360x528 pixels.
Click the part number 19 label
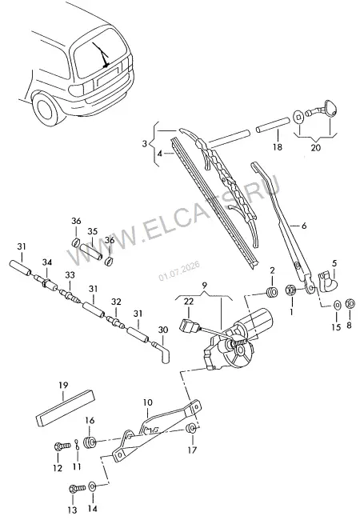point(63,385)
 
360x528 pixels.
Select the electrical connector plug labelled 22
point(186,326)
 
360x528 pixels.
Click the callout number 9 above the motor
point(205,286)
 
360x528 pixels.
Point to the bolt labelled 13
point(78,488)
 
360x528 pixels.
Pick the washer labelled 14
point(92,486)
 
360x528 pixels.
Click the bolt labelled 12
point(62,446)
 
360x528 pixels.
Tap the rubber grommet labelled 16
point(90,442)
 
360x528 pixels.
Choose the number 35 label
point(92,232)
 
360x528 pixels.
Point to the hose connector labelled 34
point(47,283)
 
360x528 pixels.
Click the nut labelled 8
point(350,303)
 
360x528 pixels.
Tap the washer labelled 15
point(337,305)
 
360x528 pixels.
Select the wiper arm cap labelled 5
point(328,281)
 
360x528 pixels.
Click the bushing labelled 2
point(272,292)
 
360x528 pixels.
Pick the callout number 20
point(315,147)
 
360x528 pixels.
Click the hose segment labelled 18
point(273,125)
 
